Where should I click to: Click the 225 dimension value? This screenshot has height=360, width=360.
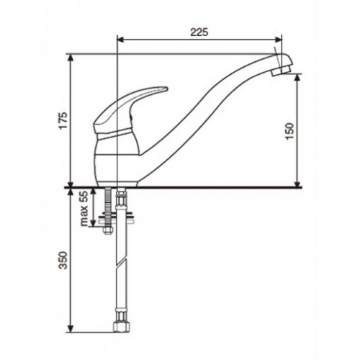tap(199, 32)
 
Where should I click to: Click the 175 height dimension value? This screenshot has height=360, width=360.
tap(64, 120)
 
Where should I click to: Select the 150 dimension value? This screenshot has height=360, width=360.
tap(289, 131)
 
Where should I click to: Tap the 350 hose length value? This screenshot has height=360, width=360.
tap(63, 260)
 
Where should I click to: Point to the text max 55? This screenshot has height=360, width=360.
tap(84, 208)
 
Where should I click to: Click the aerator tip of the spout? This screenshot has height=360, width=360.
tap(282, 71)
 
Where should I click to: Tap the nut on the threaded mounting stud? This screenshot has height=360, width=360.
tap(108, 230)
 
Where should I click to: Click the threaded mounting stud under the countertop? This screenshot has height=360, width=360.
tap(108, 207)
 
